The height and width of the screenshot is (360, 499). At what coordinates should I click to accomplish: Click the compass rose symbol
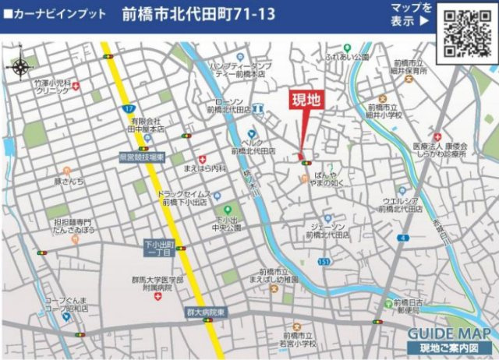[x=19, y=66]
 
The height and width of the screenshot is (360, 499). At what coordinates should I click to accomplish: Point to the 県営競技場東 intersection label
[x=142, y=157]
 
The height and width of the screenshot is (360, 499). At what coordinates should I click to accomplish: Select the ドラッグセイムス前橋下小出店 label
[x=182, y=197]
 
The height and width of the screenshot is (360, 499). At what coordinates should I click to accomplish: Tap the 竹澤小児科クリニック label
[x=53, y=86]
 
